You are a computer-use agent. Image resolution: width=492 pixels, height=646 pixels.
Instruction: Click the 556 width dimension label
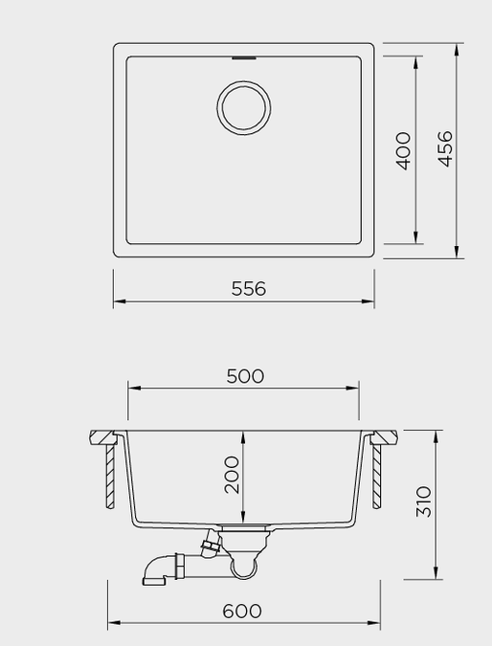(249, 288)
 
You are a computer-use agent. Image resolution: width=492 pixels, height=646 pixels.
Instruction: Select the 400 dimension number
(403, 151)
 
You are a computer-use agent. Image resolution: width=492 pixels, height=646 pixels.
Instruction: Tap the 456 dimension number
(445, 148)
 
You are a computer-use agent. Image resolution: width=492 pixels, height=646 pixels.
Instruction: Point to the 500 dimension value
(245, 376)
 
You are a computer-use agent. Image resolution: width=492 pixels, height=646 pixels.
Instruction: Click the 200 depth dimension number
(232, 475)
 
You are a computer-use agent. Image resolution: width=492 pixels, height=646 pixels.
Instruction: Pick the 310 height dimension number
(424, 501)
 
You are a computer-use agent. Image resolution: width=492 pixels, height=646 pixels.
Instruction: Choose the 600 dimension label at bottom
(242, 611)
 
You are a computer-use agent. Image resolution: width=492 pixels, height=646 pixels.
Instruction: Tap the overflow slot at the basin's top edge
(244, 58)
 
